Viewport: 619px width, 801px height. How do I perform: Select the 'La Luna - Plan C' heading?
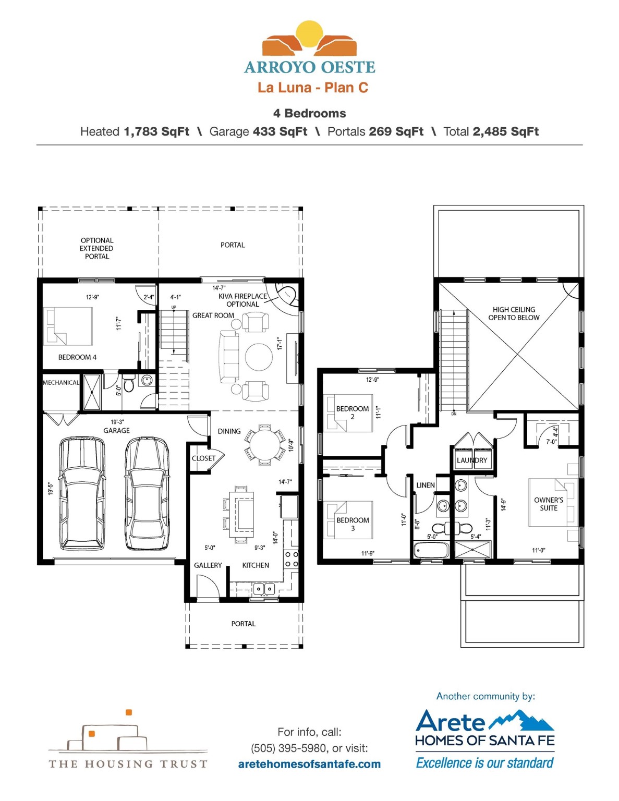[x=313, y=88]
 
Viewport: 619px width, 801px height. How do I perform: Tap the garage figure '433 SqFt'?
[x=280, y=131]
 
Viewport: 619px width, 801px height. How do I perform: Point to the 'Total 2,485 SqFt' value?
[x=491, y=131]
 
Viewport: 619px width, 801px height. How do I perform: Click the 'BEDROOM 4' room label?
[x=77, y=357]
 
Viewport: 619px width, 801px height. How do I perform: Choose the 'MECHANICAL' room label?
[x=61, y=383]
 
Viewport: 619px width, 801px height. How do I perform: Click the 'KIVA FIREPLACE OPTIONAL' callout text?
[x=243, y=300]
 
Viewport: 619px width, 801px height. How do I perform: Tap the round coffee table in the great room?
[x=259, y=357]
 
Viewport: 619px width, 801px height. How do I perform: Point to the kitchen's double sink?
[x=264, y=589]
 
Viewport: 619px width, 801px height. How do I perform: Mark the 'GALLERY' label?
[x=208, y=565]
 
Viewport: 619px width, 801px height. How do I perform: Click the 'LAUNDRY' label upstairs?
[x=472, y=460]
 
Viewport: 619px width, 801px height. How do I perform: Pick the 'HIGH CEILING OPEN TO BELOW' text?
[x=514, y=314]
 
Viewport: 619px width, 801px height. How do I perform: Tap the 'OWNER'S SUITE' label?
[x=549, y=504]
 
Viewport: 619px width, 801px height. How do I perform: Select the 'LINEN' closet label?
[x=426, y=486]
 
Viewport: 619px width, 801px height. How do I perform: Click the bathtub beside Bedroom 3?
[x=430, y=551]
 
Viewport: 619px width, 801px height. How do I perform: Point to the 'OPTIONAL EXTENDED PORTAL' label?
[x=96, y=248]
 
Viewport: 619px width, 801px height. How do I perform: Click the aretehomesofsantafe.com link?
[x=310, y=764]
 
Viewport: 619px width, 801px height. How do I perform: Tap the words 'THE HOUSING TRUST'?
[x=128, y=764]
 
